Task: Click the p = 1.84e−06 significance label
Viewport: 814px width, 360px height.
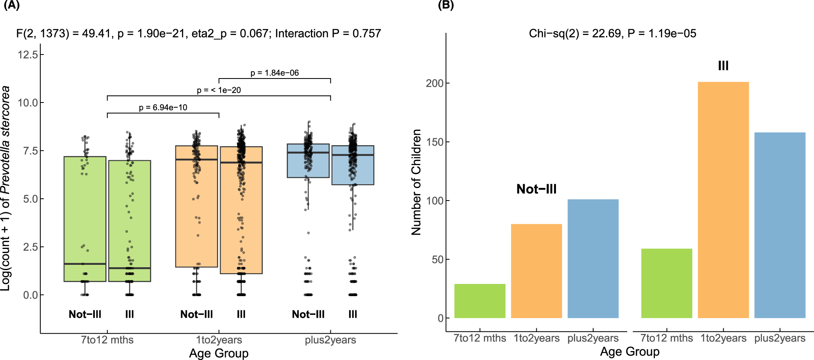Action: tap(274, 73)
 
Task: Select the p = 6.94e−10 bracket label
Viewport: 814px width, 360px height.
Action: tap(163, 107)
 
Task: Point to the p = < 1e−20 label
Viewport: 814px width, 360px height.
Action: tap(219, 90)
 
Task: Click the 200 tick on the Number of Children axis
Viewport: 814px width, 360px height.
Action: tap(434, 83)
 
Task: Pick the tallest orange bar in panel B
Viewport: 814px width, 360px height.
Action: tap(723, 199)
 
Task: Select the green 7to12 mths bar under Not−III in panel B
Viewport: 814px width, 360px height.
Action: tap(479, 301)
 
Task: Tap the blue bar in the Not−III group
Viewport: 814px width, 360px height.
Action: tap(593, 258)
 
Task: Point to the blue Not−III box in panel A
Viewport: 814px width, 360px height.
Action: tap(308, 161)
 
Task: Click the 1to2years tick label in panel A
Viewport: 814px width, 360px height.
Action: tap(219, 340)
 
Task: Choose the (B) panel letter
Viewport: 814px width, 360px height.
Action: tap(445, 5)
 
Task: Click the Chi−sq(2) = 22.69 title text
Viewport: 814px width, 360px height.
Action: tap(612, 33)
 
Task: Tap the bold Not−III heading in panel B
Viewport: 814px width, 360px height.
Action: tap(536, 189)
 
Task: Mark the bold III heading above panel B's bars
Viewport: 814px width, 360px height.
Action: tap(723, 65)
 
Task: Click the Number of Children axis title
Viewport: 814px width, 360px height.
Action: tap(416, 182)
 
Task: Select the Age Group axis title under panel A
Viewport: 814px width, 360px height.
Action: tap(219, 353)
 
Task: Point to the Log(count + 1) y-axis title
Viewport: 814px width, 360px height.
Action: tap(5, 188)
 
